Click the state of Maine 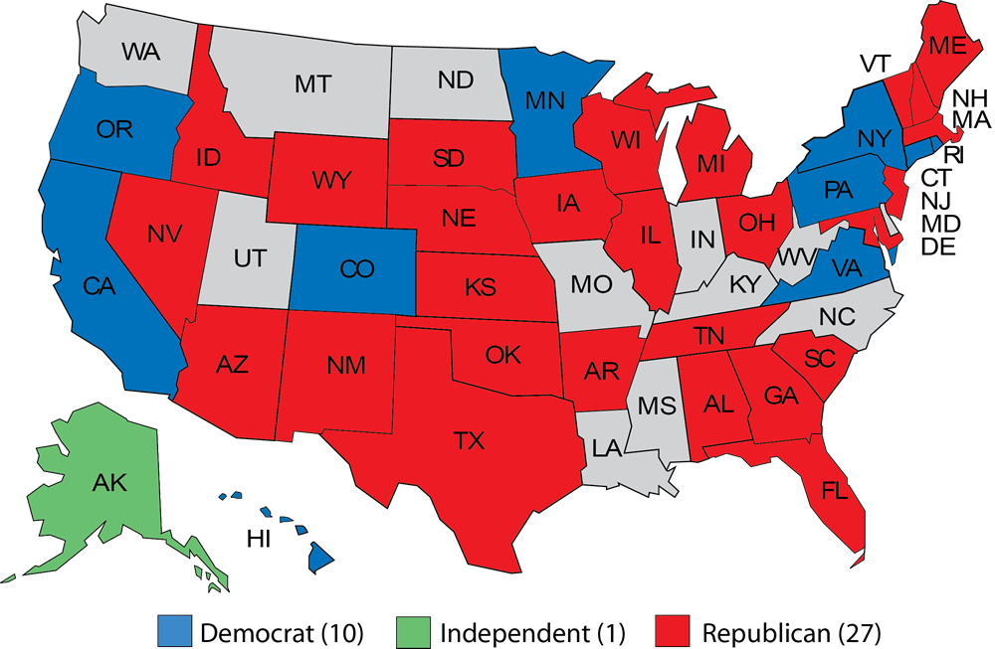[944, 45]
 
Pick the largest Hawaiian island [317, 559]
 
